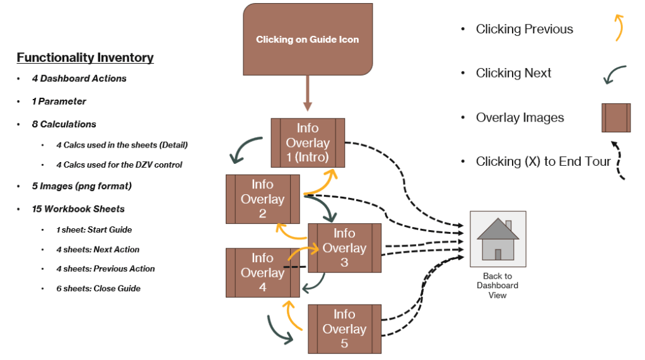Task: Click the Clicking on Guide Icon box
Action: coord(308,39)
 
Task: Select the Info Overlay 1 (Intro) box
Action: coord(308,142)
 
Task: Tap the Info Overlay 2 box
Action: coord(262,199)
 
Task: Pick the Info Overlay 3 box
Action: coord(344,248)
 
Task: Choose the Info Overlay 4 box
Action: coord(262,272)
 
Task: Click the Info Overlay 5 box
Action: coord(344,328)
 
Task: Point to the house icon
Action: coord(497,239)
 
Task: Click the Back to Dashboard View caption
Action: coord(497,286)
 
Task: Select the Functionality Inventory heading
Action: coord(85,58)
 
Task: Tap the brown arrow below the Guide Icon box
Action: coord(308,94)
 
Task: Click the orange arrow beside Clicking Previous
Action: coord(619,28)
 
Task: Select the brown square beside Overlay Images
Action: coord(616,118)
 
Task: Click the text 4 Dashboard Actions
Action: coord(79,79)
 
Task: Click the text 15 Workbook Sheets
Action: coord(78,209)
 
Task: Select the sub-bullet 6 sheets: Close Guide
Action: coord(98,288)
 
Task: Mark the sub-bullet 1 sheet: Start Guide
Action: coord(94,229)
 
